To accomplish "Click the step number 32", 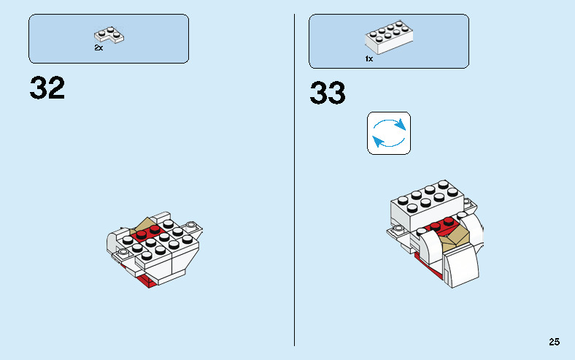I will [x=47, y=88].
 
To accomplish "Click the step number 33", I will [x=328, y=93].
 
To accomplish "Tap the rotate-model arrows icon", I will [x=389, y=133].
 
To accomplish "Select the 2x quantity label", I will [x=99, y=47].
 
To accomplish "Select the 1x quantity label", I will [x=369, y=58].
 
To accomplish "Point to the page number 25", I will [x=555, y=341].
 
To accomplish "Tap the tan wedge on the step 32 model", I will [x=144, y=226].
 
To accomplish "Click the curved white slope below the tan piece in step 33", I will [x=463, y=267].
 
